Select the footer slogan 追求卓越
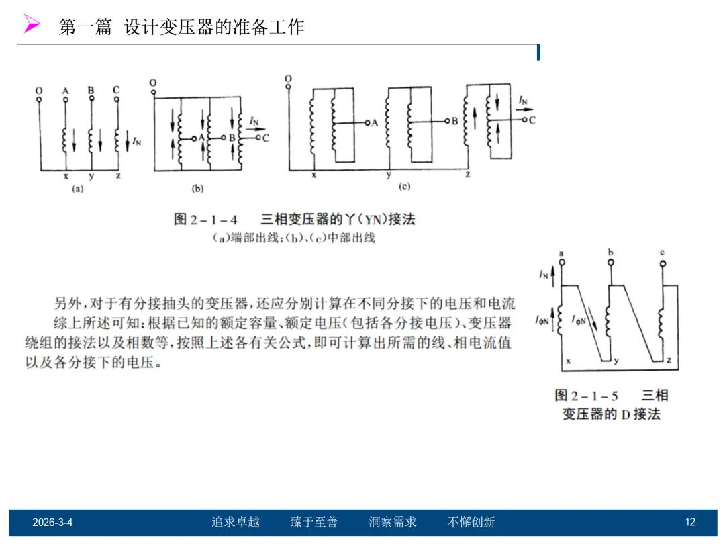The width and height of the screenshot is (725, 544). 236,522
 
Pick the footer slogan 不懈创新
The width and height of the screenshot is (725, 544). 471,522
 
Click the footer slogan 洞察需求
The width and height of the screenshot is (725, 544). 393,522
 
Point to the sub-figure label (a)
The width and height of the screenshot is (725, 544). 78,189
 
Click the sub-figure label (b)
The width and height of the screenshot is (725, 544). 197,189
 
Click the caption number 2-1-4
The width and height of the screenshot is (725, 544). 216,220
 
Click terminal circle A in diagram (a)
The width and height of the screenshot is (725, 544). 65,99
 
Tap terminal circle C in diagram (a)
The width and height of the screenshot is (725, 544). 117,99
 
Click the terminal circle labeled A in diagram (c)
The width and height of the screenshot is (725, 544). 367,123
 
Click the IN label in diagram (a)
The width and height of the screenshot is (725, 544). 137,141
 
